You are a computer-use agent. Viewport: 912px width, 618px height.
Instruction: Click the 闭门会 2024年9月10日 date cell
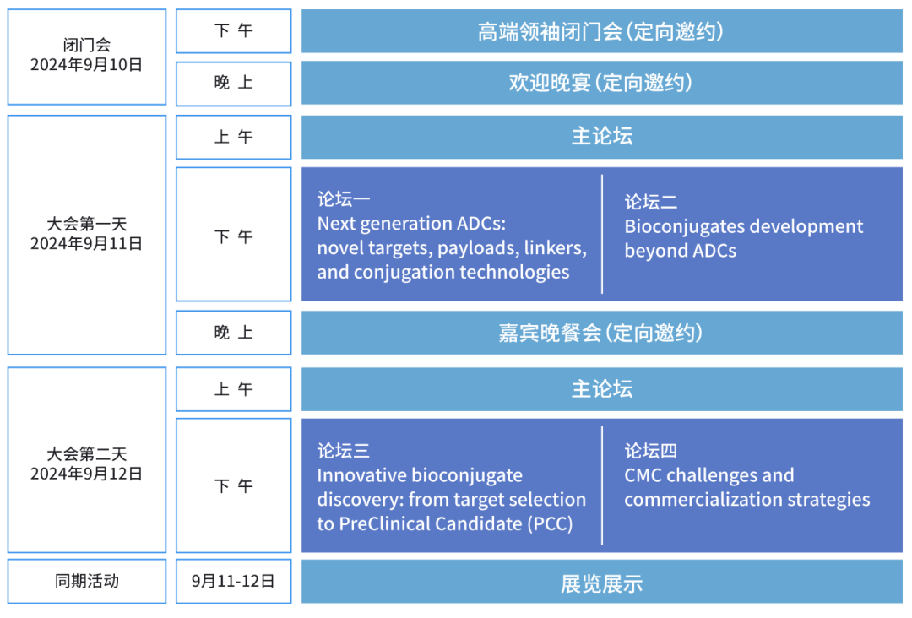coord(87,57)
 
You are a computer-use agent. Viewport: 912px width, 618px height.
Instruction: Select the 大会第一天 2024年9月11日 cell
coord(87,235)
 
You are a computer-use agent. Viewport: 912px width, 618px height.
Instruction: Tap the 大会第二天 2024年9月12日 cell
coord(87,460)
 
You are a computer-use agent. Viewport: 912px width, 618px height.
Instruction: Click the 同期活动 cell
coord(87,582)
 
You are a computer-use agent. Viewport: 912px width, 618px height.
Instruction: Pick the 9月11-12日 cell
coord(233,582)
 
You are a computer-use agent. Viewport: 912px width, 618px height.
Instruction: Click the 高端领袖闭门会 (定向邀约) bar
coord(602,31)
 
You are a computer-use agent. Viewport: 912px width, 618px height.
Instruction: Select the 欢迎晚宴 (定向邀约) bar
coord(602,83)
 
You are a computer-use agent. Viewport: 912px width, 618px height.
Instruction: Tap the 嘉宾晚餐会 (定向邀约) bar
coord(602,333)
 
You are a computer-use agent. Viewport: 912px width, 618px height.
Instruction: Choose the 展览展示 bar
coord(602,582)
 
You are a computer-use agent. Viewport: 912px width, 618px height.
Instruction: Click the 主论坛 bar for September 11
coord(602,138)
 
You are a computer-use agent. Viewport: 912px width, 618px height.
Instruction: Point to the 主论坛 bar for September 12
coord(602,389)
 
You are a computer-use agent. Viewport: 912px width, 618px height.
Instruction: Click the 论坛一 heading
coord(343,199)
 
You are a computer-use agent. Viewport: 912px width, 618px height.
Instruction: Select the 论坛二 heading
coord(650,202)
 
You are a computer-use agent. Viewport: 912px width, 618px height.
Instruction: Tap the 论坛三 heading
coord(343,451)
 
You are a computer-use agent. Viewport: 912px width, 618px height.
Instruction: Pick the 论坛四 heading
coord(650,451)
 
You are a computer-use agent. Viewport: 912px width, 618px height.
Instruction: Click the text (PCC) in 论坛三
coord(550,523)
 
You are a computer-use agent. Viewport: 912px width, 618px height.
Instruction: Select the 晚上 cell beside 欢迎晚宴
coord(233,83)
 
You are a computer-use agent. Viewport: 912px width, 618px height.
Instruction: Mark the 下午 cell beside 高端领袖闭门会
coord(233,30)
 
